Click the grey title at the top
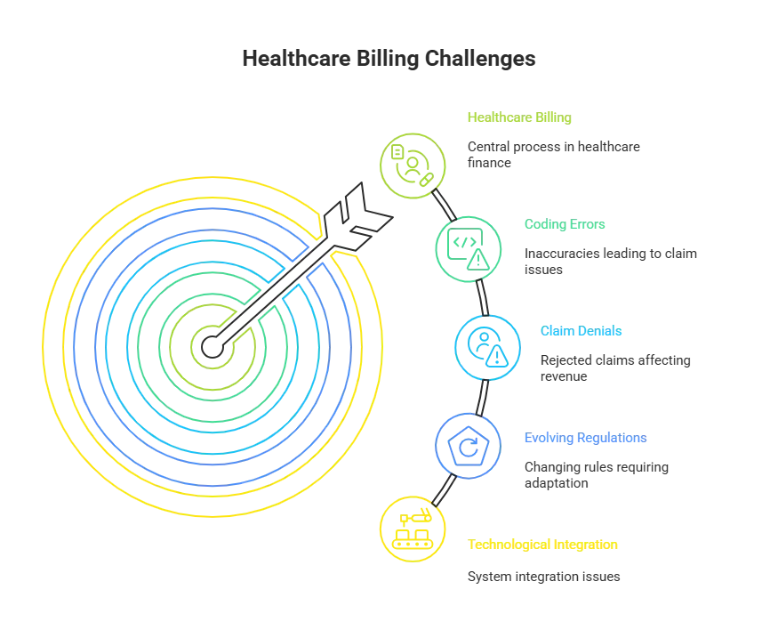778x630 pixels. pos(389,60)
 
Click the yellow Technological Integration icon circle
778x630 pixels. pos(411,529)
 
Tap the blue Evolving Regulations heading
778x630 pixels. pos(584,439)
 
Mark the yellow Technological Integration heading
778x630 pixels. pos(541,545)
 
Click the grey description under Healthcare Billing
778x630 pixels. pos(551,155)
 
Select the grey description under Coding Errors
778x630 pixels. pos(607,262)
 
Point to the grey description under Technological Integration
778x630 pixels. pos(544,576)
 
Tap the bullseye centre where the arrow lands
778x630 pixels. pos(211,344)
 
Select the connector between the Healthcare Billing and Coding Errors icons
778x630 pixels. pos(444,204)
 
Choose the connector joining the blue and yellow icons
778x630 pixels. pos(442,489)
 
